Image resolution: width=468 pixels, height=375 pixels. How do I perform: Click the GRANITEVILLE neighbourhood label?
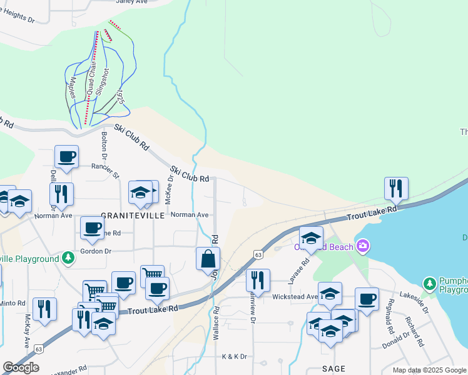(x=125, y=214)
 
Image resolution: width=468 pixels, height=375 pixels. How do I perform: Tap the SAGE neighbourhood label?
(x=333, y=369)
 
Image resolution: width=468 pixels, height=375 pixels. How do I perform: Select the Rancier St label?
(x=104, y=169)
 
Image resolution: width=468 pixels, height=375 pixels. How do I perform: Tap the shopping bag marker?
(x=208, y=258)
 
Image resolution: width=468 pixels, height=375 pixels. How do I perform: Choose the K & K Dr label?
(x=235, y=356)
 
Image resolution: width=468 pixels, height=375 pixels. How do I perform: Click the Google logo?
(x=21, y=367)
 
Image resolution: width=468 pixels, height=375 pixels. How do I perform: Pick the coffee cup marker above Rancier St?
(x=66, y=156)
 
